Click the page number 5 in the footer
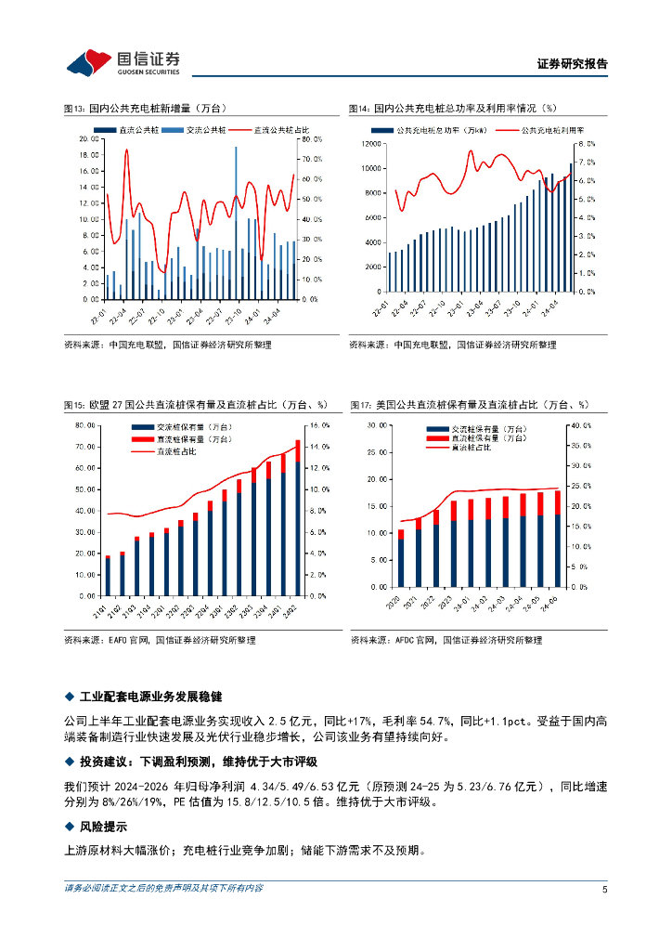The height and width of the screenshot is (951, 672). click(604, 889)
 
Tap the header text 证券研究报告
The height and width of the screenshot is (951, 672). click(573, 64)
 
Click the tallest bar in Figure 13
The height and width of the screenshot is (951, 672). click(236, 223)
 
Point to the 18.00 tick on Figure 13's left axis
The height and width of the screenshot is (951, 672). click(89, 155)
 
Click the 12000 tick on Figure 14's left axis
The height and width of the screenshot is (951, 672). click(371, 144)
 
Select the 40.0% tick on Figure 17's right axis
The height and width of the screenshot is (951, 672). click(580, 424)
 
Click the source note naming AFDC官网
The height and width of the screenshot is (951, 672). click(446, 640)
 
